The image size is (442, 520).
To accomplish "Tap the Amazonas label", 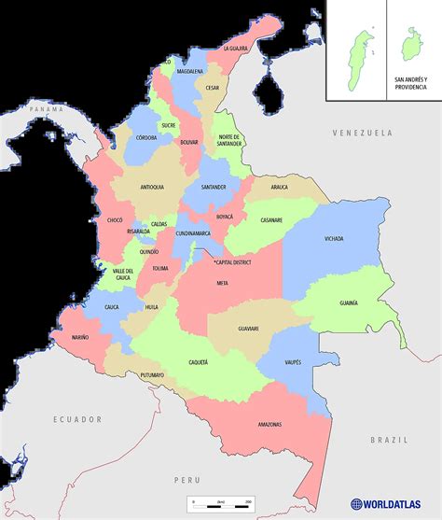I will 269,425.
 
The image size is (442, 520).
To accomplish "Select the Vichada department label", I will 334,238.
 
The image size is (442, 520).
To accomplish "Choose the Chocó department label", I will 115,220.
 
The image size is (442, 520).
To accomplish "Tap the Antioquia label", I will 151,187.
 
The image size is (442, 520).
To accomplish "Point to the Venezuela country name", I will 364,134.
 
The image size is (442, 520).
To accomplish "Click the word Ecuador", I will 76,419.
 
